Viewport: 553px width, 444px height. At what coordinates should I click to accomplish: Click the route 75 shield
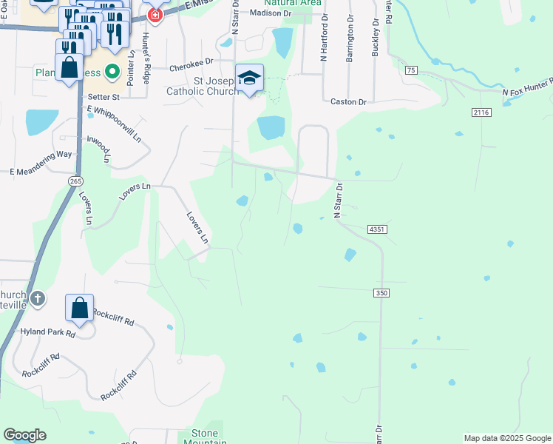coord(411,70)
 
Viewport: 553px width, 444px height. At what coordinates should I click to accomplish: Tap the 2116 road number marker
coord(481,112)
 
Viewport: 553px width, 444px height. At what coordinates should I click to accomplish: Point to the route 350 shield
coord(381,293)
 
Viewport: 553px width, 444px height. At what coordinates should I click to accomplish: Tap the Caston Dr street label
coord(348,101)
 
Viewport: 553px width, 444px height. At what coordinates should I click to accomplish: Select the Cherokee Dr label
coord(191,67)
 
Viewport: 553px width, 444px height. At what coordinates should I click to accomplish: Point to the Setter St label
coord(104,96)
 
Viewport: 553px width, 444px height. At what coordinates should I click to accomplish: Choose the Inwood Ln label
coord(98,148)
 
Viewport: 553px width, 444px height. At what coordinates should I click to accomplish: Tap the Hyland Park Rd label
coord(49,334)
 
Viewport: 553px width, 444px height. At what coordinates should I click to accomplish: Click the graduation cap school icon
coord(249,78)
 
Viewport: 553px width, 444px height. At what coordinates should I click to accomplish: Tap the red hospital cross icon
coord(155,14)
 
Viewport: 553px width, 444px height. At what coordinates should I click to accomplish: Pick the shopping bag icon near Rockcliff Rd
coord(79,307)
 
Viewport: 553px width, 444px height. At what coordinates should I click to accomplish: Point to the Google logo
coord(24,435)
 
